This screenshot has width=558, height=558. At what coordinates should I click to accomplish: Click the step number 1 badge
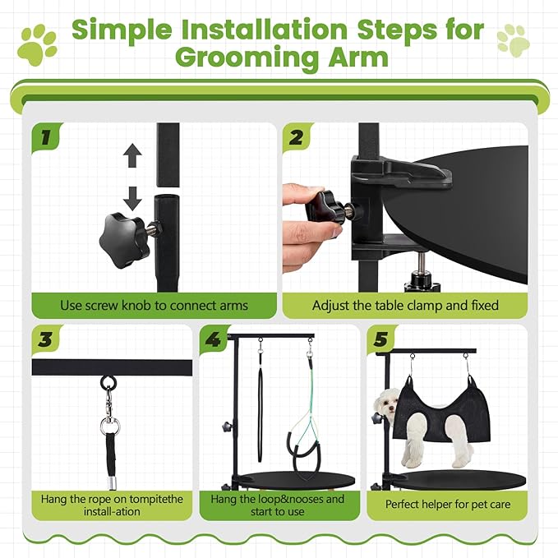[x=48, y=136]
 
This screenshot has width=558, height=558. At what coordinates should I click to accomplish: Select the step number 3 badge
[x=48, y=339]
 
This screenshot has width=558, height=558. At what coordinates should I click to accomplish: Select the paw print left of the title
[x=39, y=45]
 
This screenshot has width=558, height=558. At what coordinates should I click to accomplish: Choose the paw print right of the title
[x=514, y=40]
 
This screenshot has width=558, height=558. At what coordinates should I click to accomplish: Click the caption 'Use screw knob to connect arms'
[x=154, y=305]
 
